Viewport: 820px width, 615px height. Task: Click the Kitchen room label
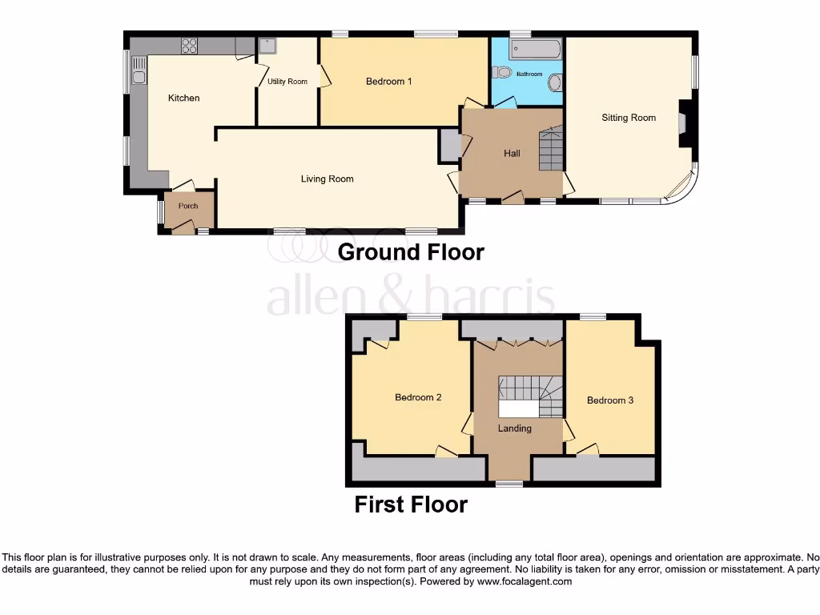coord(183,98)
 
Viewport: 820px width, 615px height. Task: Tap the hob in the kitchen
coord(190,46)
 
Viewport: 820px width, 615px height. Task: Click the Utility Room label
coord(287,82)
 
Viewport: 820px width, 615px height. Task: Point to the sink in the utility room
coord(266,46)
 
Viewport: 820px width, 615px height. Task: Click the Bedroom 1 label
coord(388,81)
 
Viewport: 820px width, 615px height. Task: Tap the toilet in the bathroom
coord(502,72)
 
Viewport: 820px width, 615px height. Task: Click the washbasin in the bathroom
coord(556,82)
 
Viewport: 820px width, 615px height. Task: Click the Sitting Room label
coord(629,118)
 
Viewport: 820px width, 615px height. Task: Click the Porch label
coord(188,206)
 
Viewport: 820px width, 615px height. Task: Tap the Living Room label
coord(327,179)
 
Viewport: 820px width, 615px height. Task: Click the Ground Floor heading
coord(411,251)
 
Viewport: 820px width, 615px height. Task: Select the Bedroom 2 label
coord(418,397)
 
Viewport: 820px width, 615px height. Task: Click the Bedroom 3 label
coord(610,400)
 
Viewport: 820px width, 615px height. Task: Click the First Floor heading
coord(411,504)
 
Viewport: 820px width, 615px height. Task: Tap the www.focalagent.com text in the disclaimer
coord(524,581)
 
